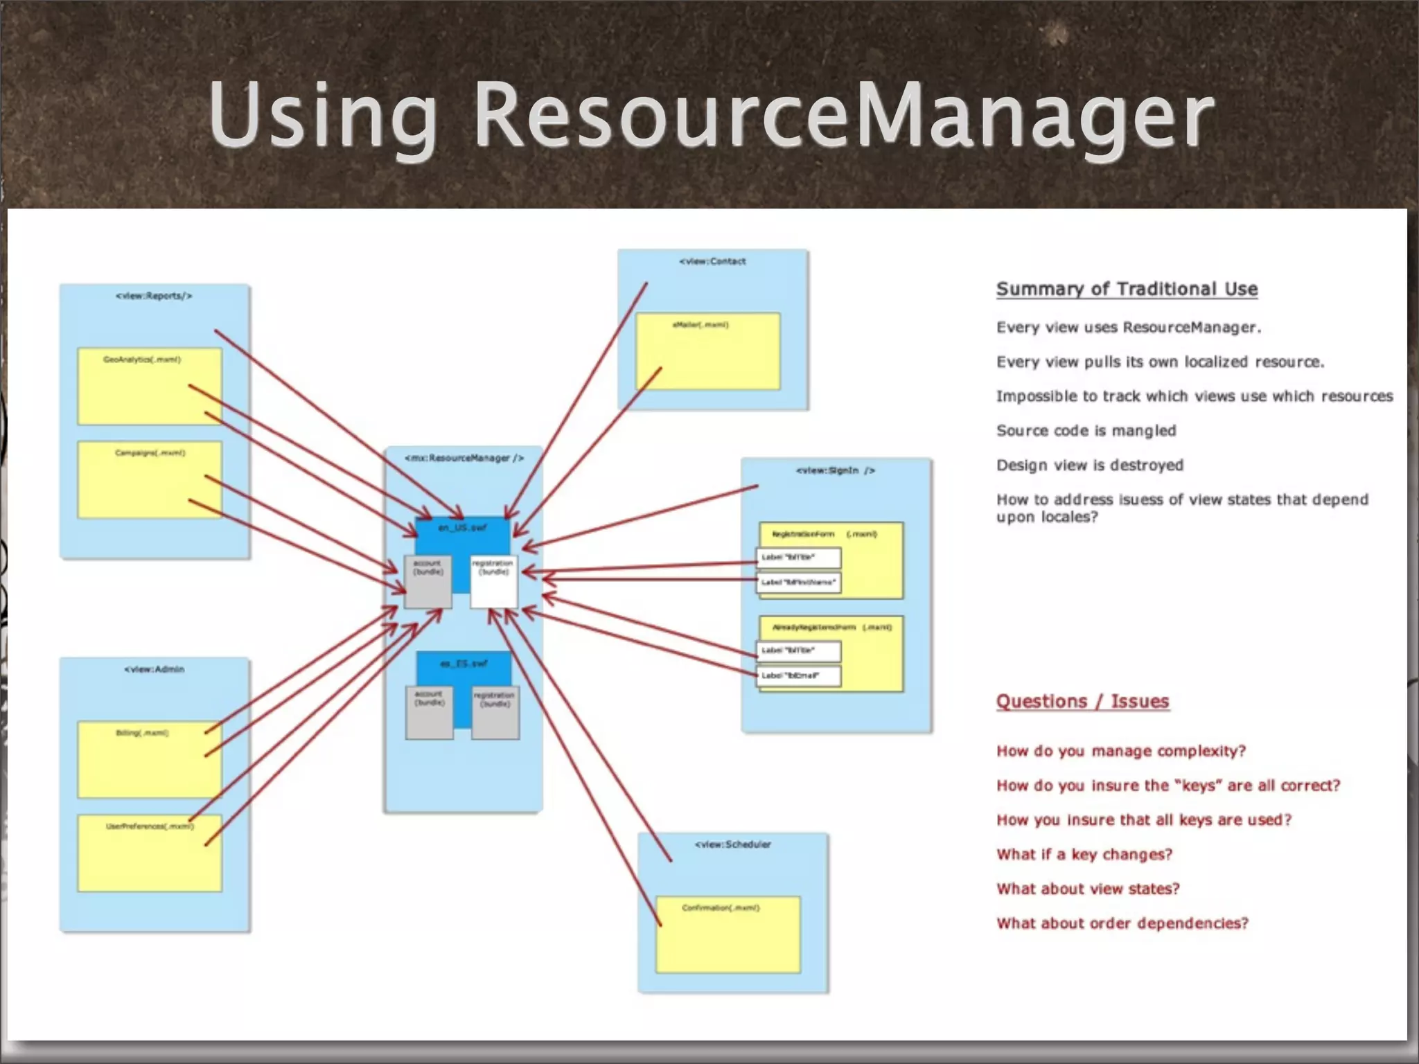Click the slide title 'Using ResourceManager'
[711, 114]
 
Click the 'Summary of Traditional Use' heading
[1127, 289]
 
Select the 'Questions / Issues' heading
[1082, 701]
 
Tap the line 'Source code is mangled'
[1086, 431]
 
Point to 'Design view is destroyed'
[1089, 465]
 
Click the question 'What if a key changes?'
[1084, 854]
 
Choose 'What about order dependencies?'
[1122, 923]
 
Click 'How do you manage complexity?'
[1120, 751]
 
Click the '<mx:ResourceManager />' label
[464, 458]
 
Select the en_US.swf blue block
[462, 537]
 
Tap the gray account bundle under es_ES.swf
[429, 712]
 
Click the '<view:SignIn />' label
[835, 470]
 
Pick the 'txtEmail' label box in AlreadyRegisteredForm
[799, 675]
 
